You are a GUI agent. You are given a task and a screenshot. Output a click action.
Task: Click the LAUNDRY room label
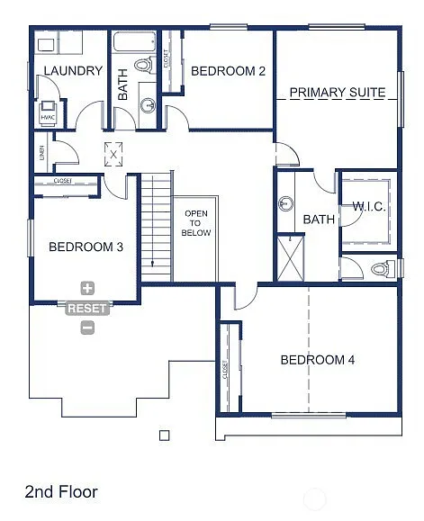[73, 71]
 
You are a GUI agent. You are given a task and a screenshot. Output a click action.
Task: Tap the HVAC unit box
[49, 116]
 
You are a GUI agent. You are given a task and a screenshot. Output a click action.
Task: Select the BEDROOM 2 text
[228, 71]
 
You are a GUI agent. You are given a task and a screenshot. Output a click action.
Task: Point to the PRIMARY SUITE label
[337, 93]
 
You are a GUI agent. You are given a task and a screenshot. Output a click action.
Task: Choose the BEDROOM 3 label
[86, 247]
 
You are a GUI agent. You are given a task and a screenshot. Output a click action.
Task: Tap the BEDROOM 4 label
[317, 360]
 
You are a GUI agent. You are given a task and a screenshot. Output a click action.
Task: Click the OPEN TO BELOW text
[196, 223]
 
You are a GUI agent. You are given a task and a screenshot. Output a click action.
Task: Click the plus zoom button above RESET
[87, 289]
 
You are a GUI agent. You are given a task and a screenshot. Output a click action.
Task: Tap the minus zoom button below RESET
[87, 328]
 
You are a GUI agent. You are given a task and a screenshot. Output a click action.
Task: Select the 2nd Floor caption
[60, 491]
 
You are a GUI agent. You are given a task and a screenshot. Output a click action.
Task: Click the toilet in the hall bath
[144, 65]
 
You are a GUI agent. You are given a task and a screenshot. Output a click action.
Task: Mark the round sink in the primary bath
[285, 202]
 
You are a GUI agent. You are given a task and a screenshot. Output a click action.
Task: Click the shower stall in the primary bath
[292, 259]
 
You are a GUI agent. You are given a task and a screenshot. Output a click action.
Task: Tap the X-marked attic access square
[113, 154]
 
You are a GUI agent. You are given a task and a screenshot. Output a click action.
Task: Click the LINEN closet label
[41, 154]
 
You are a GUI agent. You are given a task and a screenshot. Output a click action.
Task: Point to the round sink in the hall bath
[146, 105]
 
